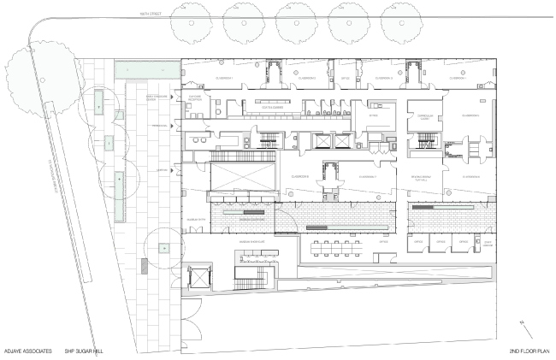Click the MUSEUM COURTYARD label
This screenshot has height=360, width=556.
(253, 220)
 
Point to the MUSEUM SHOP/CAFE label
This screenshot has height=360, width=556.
(254, 243)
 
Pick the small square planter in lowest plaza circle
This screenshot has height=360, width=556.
(162, 249)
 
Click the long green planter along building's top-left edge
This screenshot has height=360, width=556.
(147, 66)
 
